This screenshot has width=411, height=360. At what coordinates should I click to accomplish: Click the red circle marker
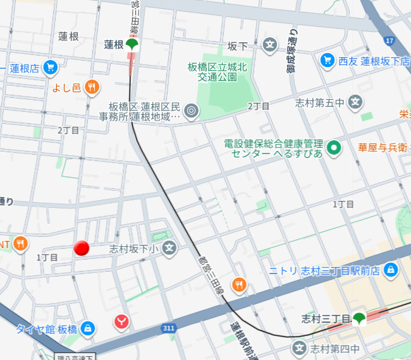(x=82, y=248)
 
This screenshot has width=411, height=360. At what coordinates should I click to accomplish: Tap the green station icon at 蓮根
(x=132, y=45)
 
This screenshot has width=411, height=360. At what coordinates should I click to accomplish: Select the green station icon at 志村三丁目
(x=359, y=318)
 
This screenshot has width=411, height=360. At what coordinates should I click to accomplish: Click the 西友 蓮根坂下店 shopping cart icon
(x=327, y=60)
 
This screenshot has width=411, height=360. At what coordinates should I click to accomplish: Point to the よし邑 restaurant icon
(x=92, y=87)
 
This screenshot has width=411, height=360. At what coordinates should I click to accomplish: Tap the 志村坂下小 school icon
(x=169, y=249)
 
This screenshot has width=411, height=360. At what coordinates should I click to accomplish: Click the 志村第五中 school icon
(x=356, y=101)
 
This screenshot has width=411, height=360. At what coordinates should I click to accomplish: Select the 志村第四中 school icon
(x=299, y=347)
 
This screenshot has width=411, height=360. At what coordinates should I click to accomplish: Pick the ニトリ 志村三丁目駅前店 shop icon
(x=391, y=270)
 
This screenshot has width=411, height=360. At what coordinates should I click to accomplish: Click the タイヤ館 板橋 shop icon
(x=88, y=328)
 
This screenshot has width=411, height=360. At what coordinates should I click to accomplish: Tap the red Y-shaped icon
(x=123, y=321)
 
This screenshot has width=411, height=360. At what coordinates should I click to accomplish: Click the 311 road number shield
(x=168, y=328)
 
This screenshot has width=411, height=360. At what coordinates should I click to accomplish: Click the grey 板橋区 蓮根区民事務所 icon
(x=192, y=112)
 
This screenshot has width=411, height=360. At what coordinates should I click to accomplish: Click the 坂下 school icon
(x=270, y=45)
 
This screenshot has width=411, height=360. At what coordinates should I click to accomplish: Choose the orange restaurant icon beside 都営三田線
(x=238, y=285)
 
